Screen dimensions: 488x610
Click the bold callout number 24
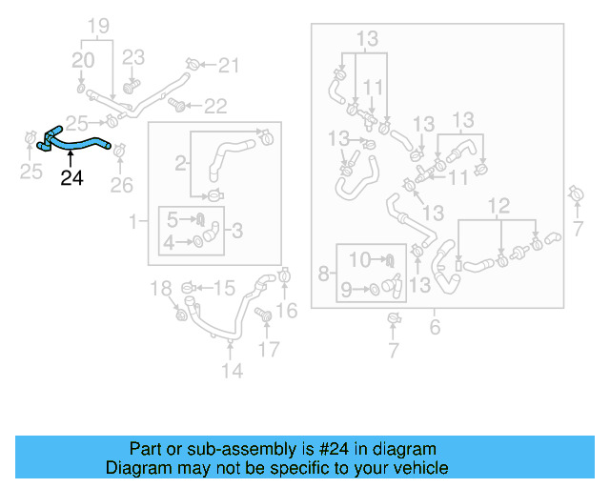pyautogui.click(x=71, y=177)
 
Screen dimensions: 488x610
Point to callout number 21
pyautogui.click(x=229, y=65)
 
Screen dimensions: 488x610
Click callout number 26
pyautogui.click(x=121, y=183)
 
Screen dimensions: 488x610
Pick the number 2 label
pyautogui.click(x=179, y=164)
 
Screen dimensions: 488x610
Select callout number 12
pyautogui.click(x=499, y=206)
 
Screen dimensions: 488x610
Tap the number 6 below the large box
pyautogui.click(x=435, y=327)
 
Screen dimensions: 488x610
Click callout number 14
pyautogui.click(x=232, y=370)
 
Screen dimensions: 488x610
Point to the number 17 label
pyautogui.click(x=270, y=349)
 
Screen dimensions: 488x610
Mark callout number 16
pyautogui.click(x=287, y=309)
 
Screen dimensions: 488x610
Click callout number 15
pyautogui.click(x=223, y=287)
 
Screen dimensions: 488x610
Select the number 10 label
pyautogui.click(x=359, y=259)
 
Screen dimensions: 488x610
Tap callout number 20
pyautogui.click(x=84, y=61)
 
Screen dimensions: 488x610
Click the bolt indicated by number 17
pyautogui.click(x=264, y=315)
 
